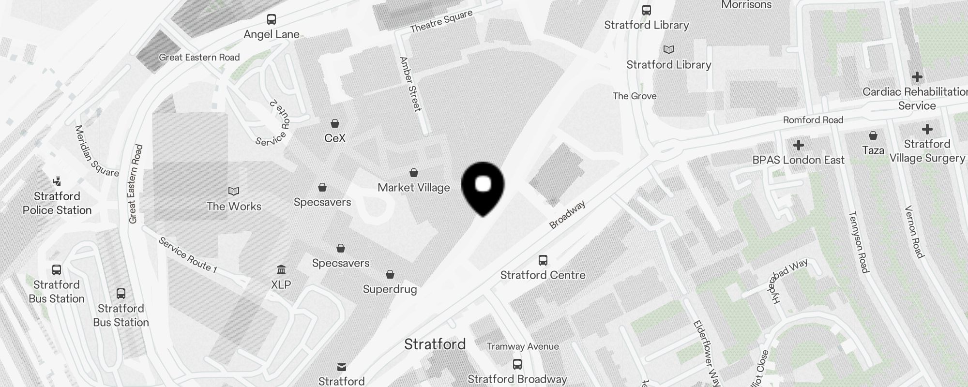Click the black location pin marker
[x=483, y=186]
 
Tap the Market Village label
[x=414, y=188]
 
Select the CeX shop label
[x=335, y=138]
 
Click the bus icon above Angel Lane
[x=272, y=20]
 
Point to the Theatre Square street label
[x=441, y=22]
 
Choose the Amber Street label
[x=410, y=84]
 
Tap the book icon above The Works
[x=234, y=192]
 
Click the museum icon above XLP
[x=281, y=269]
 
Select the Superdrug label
[x=390, y=289]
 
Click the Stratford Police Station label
[x=57, y=203]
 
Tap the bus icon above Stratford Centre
[x=543, y=260]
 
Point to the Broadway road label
[x=567, y=215]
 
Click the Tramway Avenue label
[x=523, y=346]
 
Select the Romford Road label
[x=813, y=120]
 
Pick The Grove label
[x=635, y=96]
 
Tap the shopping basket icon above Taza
[x=873, y=135]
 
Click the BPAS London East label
[x=799, y=160]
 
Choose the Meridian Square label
[x=96, y=151]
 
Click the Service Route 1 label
[x=187, y=254]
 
